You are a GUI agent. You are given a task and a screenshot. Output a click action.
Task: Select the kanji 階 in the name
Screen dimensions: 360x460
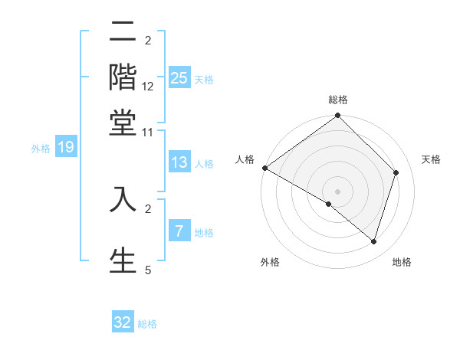(x=123, y=77)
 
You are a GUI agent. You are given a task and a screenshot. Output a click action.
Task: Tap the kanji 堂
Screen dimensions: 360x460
(x=123, y=123)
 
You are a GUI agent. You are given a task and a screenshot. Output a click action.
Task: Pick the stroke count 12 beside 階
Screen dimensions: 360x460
(x=148, y=87)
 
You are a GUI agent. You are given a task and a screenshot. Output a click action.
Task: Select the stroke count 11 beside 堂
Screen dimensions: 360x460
(x=148, y=132)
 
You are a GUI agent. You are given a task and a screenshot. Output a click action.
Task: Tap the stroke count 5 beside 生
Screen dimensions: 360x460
(x=148, y=270)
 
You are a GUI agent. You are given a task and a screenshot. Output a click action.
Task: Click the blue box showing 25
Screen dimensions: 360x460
(x=179, y=77)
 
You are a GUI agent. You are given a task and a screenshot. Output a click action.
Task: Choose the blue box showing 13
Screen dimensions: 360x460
(x=179, y=162)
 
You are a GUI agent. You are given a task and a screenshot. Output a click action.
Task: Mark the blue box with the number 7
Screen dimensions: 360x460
(x=179, y=231)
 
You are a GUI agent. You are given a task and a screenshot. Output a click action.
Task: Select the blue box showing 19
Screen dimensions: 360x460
(x=66, y=147)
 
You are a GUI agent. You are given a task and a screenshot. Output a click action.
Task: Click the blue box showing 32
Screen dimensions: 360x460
(x=123, y=322)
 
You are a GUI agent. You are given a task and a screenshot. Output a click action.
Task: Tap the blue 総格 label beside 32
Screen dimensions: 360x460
(x=148, y=324)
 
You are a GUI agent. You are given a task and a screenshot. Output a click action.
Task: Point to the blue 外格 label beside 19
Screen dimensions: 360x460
(x=41, y=149)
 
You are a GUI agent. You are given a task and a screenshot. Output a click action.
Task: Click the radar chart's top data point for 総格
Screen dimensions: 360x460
(x=338, y=116)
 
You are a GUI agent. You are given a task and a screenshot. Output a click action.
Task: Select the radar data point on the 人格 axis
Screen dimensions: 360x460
(x=264, y=168)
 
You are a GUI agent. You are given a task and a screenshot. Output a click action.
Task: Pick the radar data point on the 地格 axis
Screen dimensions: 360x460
(x=373, y=241)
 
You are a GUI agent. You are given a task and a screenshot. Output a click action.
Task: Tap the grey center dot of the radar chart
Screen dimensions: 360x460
(x=338, y=191)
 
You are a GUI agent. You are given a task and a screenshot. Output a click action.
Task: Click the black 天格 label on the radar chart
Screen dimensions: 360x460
(x=431, y=159)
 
